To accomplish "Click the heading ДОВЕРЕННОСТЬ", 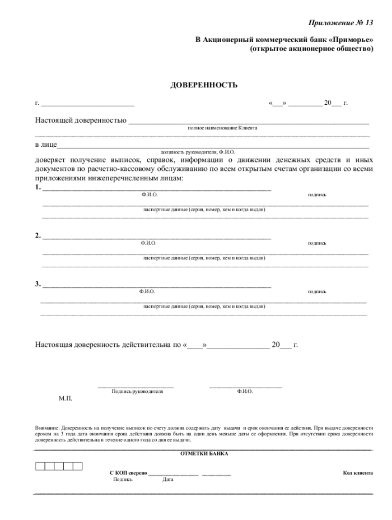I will click(x=204, y=85).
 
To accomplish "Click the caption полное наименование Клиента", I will click(x=222, y=128).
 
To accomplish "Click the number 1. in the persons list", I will click(x=38, y=188).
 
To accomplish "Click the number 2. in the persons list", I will click(x=38, y=236).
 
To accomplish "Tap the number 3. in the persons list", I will click(x=38, y=284).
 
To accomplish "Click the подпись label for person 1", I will click(x=317, y=195).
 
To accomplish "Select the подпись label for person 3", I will click(x=317, y=291).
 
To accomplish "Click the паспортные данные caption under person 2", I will click(x=204, y=258).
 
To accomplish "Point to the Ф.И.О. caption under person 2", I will click(x=148, y=243).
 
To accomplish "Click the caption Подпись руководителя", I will click(x=137, y=392).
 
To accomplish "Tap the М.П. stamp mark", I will click(x=65, y=398).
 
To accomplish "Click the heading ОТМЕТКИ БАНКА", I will click(x=204, y=453).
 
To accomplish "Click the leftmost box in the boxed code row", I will click(x=40, y=466).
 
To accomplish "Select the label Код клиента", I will click(x=358, y=473).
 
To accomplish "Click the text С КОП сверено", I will click(x=128, y=473).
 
